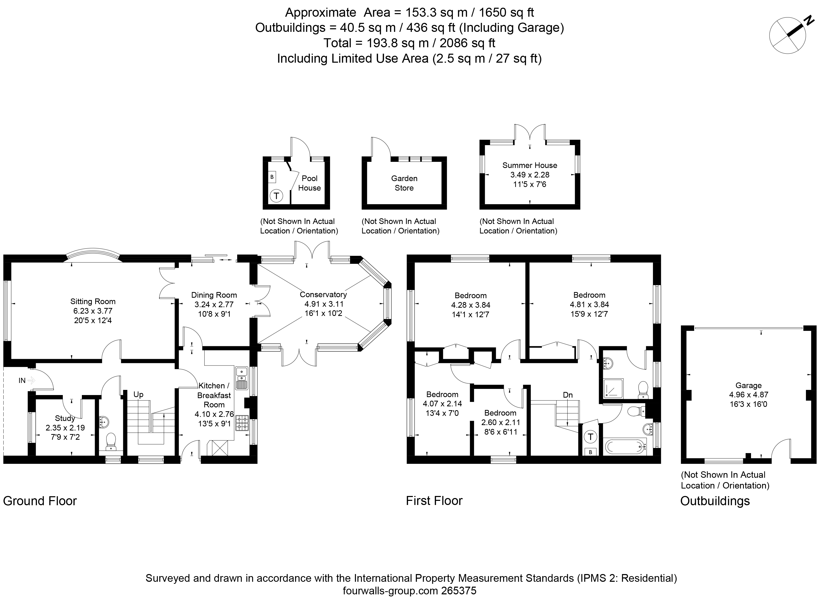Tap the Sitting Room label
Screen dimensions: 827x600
[x=93, y=302]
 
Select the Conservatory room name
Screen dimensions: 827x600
[x=323, y=295]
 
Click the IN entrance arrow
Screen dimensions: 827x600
[x=31, y=381]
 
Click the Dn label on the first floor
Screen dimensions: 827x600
[x=568, y=395]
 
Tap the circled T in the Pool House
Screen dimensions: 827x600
[x=276, y=196]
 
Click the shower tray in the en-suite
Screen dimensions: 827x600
[x=613, y=388]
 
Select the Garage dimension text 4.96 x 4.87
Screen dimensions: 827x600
[x=749, y=395]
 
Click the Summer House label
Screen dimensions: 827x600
[x=530, y=165]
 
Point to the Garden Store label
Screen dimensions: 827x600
[x=404, y=183]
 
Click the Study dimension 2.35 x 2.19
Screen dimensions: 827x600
[x=65, y=428]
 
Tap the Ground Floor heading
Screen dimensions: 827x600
[x=40, y=501]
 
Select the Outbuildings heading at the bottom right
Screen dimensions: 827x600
[x=715, y=501]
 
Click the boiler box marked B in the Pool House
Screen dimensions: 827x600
[x=272, y=177]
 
